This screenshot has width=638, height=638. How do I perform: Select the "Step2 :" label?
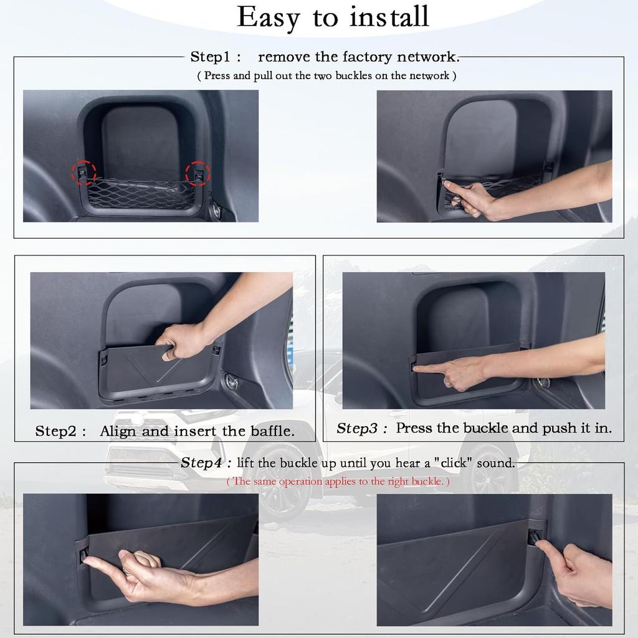point(60,431)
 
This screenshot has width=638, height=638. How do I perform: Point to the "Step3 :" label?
point(362,429)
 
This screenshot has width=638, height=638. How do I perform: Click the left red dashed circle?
point(83,173)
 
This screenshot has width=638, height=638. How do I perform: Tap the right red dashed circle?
point(198,173)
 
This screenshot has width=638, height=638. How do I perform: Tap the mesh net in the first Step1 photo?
point(141,194)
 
